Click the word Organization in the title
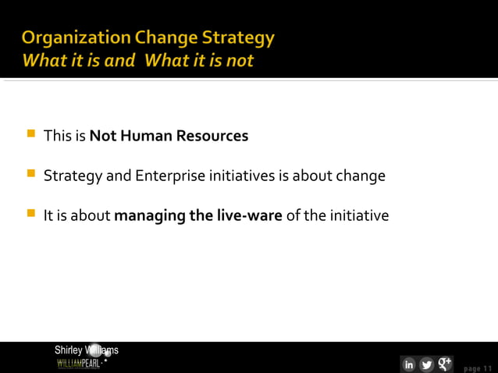pyautogui.click(x=65, y=37)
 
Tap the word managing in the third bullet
pyautogui.click(x=150, y=215)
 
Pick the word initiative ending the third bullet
pyautogui.click(x=359, y=215)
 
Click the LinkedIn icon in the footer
pyautogui.click(x=408, y=364)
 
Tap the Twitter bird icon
pyautogui.click(x=427, y=364)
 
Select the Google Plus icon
pyautogui.click(x=445, y=364)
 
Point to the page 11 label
pyautogui.click(x=478, y=368)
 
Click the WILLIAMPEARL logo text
pyautogui.click(x=79, y=364)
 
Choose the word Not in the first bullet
pyautogui.click(x=102, y=136)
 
